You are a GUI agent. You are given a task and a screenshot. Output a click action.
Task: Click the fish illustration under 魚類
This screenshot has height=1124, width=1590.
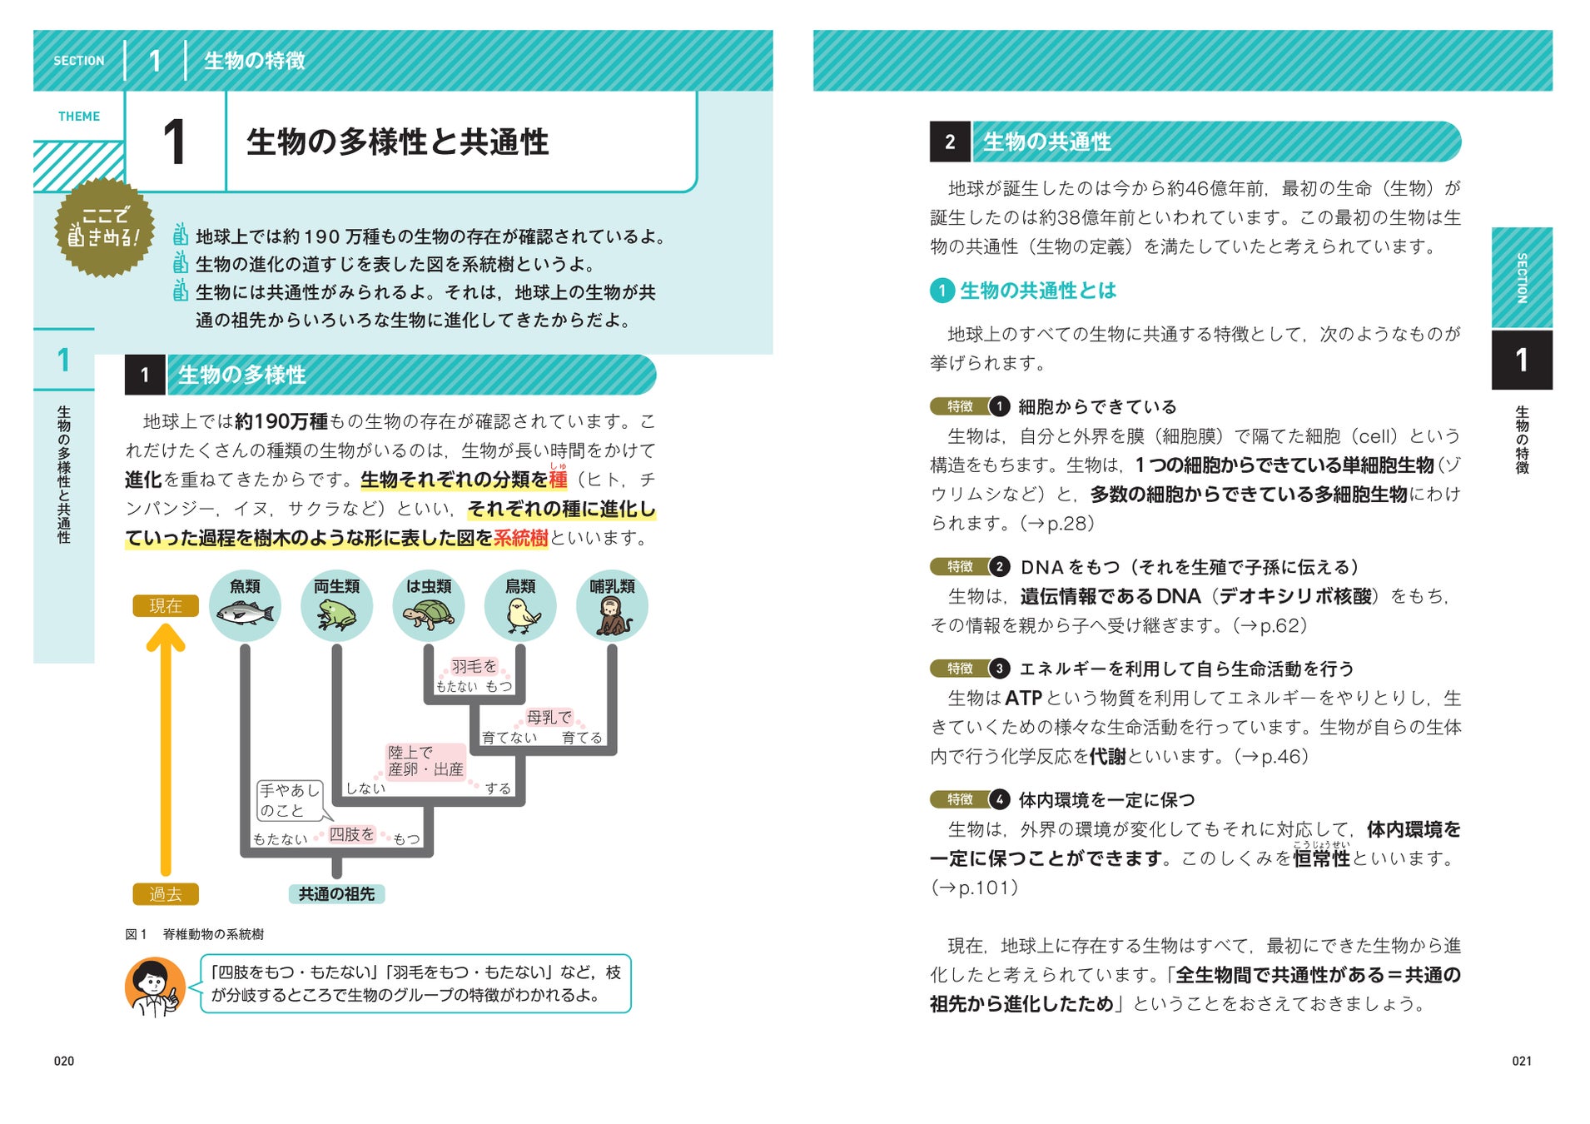[x=245, y=614]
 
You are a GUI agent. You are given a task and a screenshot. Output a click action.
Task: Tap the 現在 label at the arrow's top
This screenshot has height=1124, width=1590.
[x=166, y=606]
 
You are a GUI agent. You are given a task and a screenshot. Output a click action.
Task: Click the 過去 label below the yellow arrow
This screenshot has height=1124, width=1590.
[x=166, y=894]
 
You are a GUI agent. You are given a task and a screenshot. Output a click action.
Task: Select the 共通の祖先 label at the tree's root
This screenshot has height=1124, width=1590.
[x=336, y=894]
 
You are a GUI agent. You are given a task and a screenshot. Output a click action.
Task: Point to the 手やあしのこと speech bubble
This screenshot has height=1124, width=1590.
[x=289, y=800]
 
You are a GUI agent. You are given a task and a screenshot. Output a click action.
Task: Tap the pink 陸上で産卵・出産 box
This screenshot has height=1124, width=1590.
[x=425, y=761]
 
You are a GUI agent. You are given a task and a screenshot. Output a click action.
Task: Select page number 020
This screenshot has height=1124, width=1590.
[x=64, y=1061]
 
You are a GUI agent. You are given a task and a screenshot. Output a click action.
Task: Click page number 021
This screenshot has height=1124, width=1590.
[x=1522, y=1061]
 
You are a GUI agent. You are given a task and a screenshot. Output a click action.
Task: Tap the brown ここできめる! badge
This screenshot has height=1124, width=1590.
[x=104, y=227]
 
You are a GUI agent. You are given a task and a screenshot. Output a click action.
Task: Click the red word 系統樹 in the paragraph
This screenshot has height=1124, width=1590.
[x=520, y=539]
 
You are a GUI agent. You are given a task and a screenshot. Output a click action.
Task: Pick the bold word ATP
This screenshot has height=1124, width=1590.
[x=1023, y=699]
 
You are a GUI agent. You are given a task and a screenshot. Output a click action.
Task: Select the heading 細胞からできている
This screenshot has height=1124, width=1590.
[x=1097, y=407]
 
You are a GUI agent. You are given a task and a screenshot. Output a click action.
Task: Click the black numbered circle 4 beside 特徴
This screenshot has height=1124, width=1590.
[x=999, y=800]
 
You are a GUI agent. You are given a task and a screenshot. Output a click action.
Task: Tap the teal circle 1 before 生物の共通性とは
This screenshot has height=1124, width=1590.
[x=942, y=291]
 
